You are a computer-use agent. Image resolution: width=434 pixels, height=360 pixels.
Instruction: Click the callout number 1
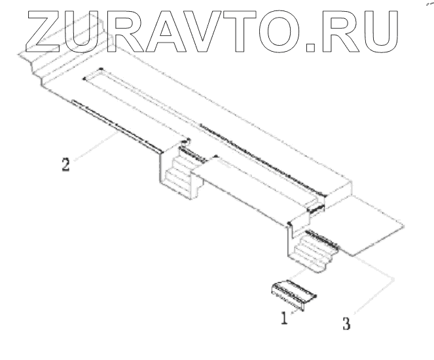pyautogui.click(x=284, y=319)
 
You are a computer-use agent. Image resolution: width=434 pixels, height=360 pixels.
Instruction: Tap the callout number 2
pyautogui.click(x=65, y=163)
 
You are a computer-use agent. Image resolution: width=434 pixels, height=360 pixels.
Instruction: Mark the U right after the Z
pyautogui.click(x=84, y=31)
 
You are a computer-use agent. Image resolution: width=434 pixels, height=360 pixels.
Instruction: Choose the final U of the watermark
pyautogui.click(x=379, y=31)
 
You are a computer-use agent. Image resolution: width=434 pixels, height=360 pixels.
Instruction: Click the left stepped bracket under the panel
pyautogui.click(x=179, y=171)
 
